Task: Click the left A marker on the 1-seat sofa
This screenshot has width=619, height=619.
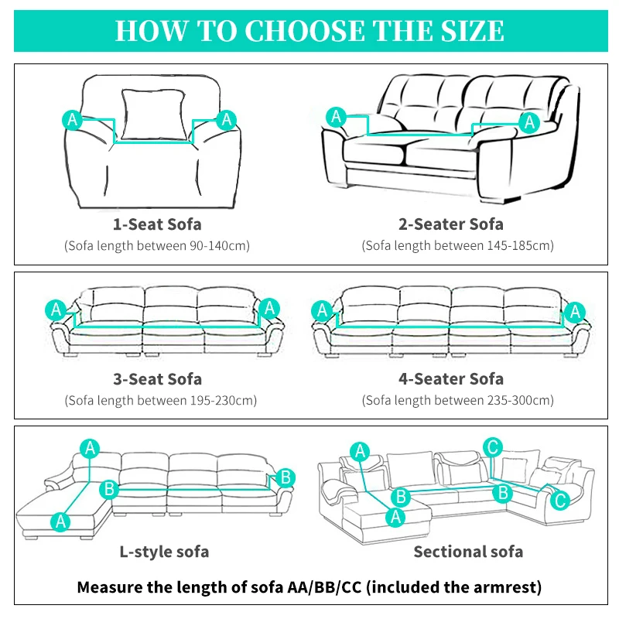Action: pyautogui.click(x=72, y=119)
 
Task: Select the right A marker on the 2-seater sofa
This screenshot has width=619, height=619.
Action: pyautogui.click(x=530, y=121)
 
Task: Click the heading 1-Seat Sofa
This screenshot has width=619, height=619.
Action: pyautogui.click(x=157, y=224)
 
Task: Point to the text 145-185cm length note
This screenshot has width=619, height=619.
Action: pyautogui.click(x=458, y=245)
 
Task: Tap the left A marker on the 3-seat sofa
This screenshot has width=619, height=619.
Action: pyautogui.click(x=56, y=309)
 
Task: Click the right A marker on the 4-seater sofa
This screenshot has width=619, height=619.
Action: pyautogui.click(x=573, y=311)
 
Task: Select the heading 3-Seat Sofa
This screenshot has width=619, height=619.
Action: pyautogui.click(x=157, y=379)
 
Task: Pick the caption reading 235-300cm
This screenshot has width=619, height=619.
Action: pyautogui.click(x=458, y=400)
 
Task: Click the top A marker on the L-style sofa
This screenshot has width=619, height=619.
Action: pyautogui.click(x=91, y=447)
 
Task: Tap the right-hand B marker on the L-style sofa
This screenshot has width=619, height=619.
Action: pyautogui.click(x=285, y=477)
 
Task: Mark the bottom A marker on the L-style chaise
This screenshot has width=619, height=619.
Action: pyautogui.click(x=60, y=522)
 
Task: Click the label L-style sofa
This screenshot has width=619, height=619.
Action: pyautogui.click(x=164, y=552)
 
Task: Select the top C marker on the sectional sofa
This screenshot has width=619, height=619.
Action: pyautogui.click(x=492, y=446)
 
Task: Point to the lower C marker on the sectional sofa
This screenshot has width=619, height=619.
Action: pyautogui.click(x=560, y=500)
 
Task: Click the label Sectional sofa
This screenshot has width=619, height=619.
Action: pyautogui.click(x=468, y=552)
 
